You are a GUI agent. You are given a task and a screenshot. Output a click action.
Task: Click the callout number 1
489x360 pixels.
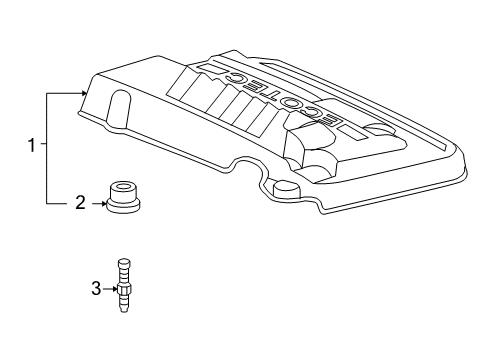coord(31,145)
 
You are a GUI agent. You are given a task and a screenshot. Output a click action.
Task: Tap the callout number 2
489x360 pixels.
coord(80,203)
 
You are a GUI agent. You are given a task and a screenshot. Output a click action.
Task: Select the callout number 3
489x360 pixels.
coord(96,289)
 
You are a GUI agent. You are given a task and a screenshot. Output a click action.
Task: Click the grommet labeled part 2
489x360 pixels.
coord(123,197)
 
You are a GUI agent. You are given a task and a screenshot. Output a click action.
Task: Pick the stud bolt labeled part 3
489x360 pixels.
coord(123,286)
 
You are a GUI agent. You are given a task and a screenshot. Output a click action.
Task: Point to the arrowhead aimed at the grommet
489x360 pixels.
coord(103,203)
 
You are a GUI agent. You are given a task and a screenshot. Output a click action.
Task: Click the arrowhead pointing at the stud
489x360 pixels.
coord(115,289)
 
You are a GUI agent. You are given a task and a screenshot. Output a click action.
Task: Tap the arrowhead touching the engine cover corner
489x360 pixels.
coord(83,94)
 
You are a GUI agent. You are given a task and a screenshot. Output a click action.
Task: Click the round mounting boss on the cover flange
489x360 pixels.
coord(287,188)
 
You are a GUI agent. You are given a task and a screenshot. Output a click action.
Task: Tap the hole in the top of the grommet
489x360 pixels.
coord(123,186)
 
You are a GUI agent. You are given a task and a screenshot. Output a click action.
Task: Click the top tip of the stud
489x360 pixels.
coord(124,259)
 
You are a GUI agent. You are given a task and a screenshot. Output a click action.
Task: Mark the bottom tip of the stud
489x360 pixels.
coord(123,313)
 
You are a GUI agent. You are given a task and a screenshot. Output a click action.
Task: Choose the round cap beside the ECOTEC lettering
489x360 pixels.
coord(379,129)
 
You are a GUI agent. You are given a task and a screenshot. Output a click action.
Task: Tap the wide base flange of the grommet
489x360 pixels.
coord(123,206)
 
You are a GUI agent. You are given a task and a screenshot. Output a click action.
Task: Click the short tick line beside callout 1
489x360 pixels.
coord(44,144)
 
